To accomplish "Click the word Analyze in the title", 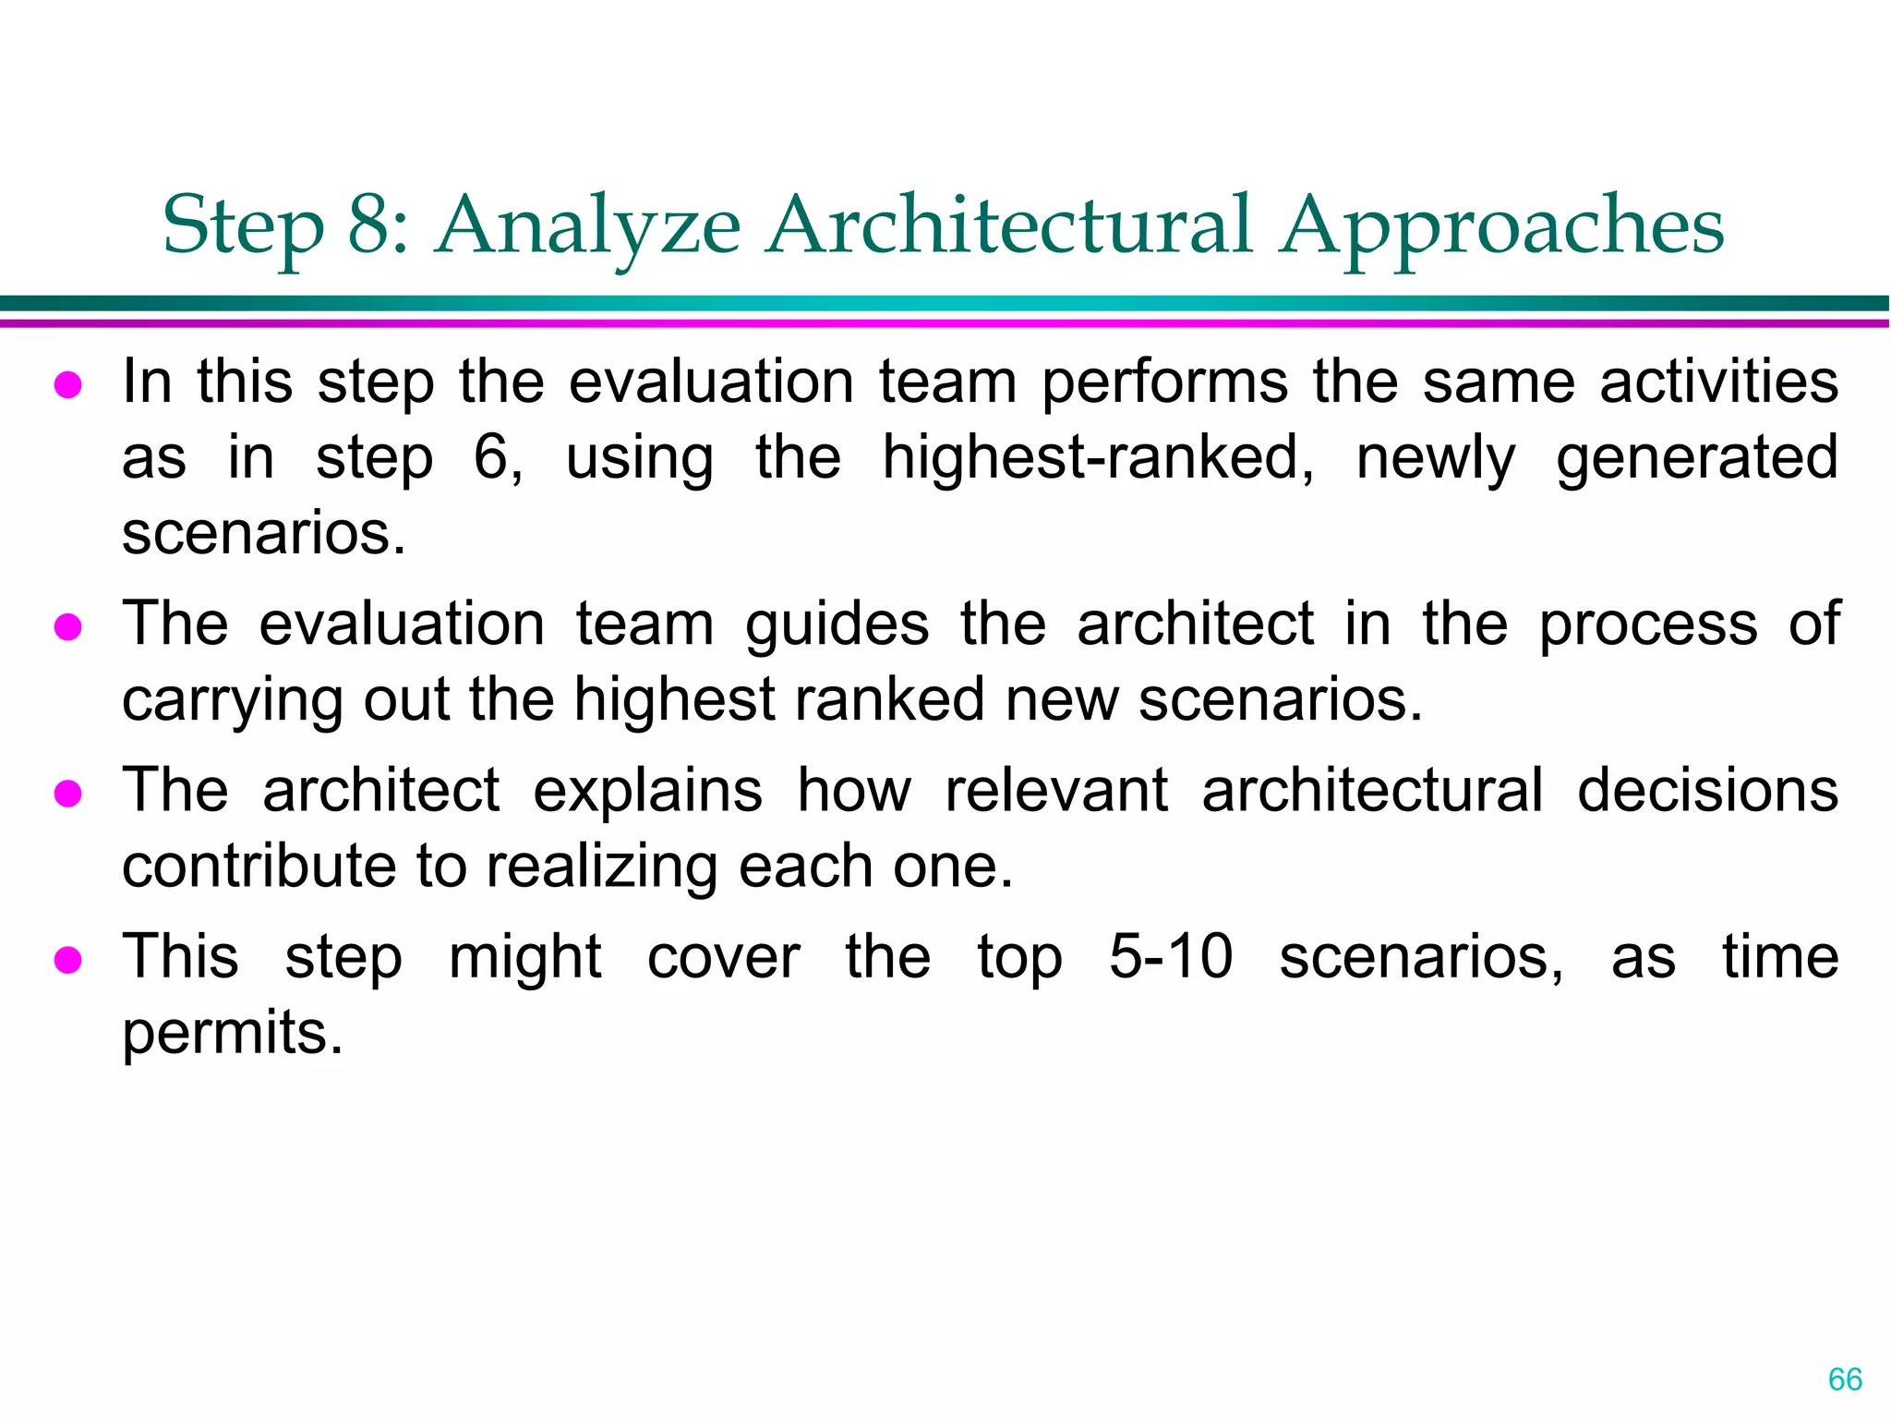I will point(588,226).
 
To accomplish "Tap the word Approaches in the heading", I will point(1501,226).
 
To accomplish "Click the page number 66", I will point(1845,1379).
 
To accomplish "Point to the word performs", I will point(1164,383).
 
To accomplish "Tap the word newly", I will point(1435,460).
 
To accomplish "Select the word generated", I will point(1697,458).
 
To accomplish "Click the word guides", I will point(837,625).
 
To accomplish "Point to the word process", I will point(1648,625).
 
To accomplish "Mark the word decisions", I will point(1707,791).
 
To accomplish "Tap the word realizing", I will point(600,868).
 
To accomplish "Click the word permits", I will point(231,1034).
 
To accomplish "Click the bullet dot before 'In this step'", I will point(68,385).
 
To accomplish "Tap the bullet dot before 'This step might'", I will point(68,960).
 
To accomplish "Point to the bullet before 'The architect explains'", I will point(68,794).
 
